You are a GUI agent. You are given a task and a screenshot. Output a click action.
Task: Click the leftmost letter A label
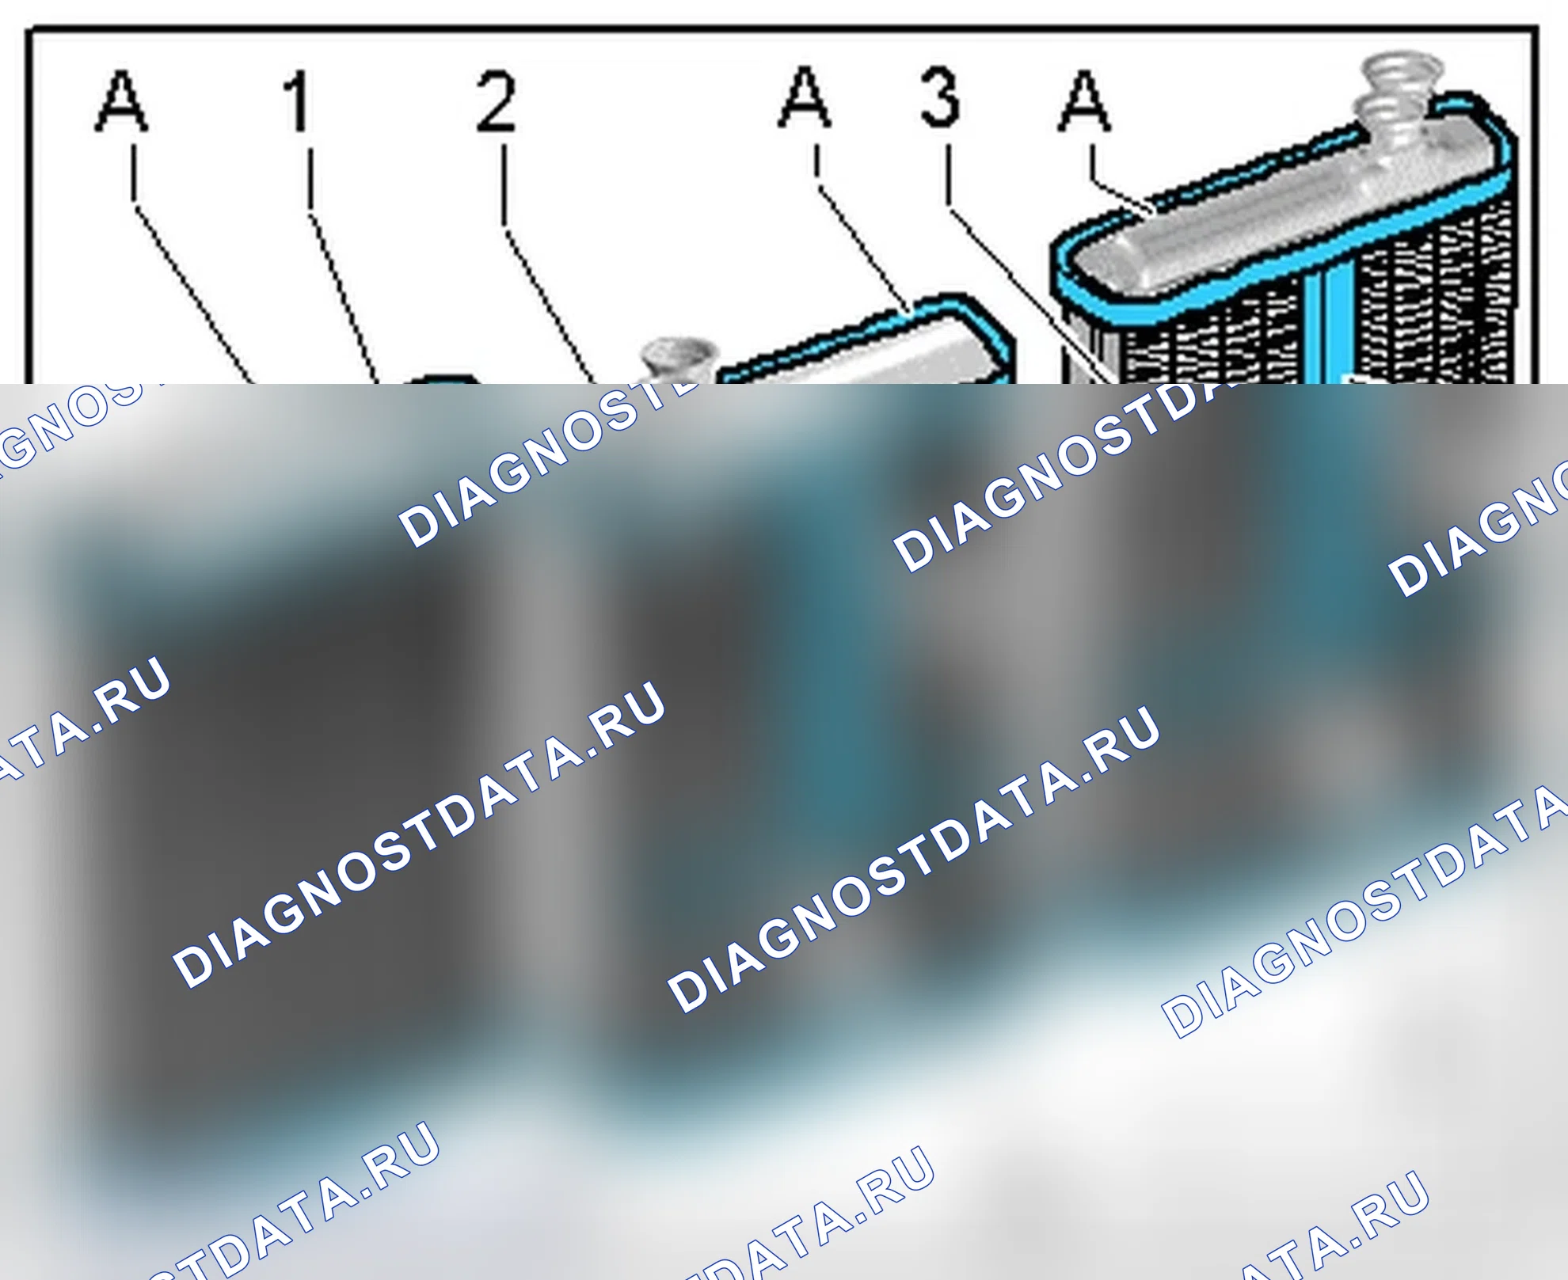pyautogui.click(x=121, y=101)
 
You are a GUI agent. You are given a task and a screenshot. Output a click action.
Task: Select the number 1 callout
pyautogui.click(x=297, y=101)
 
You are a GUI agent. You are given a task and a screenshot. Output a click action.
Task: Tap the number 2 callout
pyautogui.click(x=497, y=101)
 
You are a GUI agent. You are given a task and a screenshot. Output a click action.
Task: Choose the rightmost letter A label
pyautogui.click(x=1085, y=100)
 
